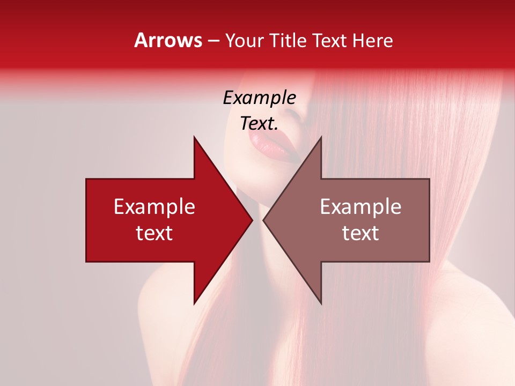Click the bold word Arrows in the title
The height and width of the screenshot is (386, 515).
[x=168, y=40]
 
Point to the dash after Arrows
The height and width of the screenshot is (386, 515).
[x=213, y=41]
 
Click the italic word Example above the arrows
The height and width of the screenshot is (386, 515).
[x=259, y=98]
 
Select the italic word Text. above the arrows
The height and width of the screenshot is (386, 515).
[x=259, y=123]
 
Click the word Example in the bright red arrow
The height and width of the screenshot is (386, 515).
[x=154, y=206]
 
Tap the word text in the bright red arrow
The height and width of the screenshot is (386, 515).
[x=154, y=233]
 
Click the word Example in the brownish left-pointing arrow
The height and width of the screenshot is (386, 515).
[x=360, y=206]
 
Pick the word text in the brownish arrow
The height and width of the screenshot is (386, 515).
[x=360, y=233]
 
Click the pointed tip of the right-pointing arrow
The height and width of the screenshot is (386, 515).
[x=251, y=220]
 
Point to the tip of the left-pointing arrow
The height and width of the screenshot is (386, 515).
[x=264, y=220]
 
